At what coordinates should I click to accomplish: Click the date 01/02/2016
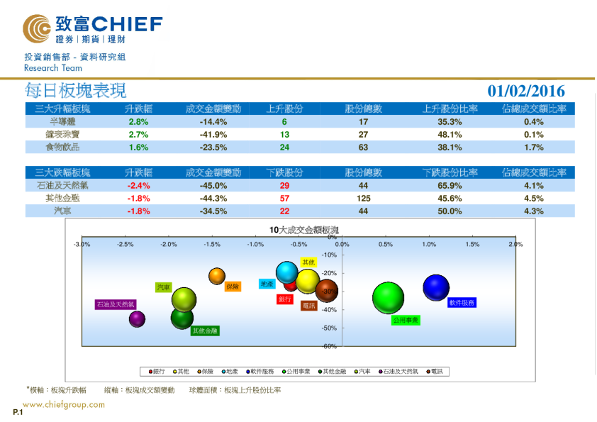click(x=526, y=91)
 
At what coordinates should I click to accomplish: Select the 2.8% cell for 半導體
click(x=138, y=121)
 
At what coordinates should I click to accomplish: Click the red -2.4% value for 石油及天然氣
click(x=138, y=185)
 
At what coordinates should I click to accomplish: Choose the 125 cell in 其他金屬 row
click(x=364, y=198)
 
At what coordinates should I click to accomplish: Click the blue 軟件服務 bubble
click(x=436, y=287)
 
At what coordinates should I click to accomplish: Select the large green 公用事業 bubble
click(x=388, y=298)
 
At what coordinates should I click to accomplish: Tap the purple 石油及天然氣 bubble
click(x=137, y=319)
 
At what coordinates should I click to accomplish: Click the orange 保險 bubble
click(x=217, y=276)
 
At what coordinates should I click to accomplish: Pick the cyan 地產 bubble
click(x=287, y=272)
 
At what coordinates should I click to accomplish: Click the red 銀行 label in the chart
click(x=285, y=299)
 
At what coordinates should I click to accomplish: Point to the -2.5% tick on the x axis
click(x=125, y=244)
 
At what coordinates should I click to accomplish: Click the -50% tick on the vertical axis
click(x=329, y=328)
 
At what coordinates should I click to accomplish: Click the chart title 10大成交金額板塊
click(x=303, y=230)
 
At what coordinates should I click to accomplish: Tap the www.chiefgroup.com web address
click(x=64, y=405)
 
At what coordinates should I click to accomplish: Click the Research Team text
click(x=53, y=68)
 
